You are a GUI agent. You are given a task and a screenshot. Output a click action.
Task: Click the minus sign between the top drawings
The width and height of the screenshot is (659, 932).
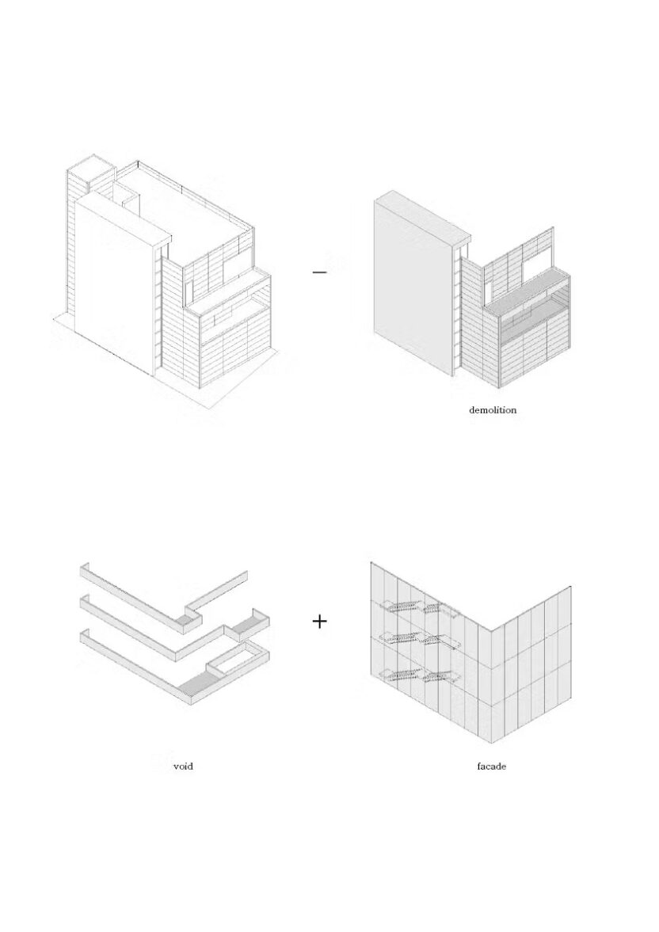coord(319,272)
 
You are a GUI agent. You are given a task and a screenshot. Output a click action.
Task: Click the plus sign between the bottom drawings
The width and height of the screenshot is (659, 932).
coord(319,622)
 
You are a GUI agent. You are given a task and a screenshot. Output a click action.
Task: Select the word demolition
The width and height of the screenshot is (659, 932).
coord(493,410)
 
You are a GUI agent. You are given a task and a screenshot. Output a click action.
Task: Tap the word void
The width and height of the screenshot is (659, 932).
coord(183,767)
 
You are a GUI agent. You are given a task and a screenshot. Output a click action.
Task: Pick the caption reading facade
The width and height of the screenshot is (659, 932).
coord(492,767)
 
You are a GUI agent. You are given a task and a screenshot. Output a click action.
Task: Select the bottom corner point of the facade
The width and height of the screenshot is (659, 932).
coord(487,743)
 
